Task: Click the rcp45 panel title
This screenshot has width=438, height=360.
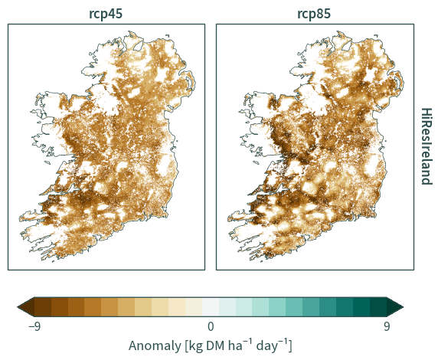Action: click(106, 14)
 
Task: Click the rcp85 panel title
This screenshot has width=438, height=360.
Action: click(314, 14)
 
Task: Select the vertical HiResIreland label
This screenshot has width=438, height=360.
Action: click(427, 146)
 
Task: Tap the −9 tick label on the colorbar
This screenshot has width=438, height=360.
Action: click(34, 326)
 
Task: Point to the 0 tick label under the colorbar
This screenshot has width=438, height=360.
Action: click(211, 326)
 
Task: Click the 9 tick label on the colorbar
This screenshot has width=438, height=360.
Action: click(387, 326)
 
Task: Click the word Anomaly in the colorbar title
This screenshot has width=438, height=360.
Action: click(155, 345)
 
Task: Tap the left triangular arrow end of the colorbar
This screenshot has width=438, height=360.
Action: click(27, 307)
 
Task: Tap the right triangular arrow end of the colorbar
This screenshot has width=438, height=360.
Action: click(395, 307)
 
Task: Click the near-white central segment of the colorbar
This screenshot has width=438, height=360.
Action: click(211, 307)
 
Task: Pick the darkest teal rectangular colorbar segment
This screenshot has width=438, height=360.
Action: click(378, 307)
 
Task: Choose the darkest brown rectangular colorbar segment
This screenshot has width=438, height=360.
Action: click(43, 307)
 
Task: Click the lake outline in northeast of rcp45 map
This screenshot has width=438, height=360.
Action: click(139, 47)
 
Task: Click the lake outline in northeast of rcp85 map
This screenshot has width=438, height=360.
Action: click(347, 47)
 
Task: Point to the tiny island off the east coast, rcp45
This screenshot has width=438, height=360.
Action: click(177, 141)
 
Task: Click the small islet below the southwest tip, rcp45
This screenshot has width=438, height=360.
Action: click(54, 261)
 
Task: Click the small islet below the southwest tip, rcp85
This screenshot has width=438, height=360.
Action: click(262, 261)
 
